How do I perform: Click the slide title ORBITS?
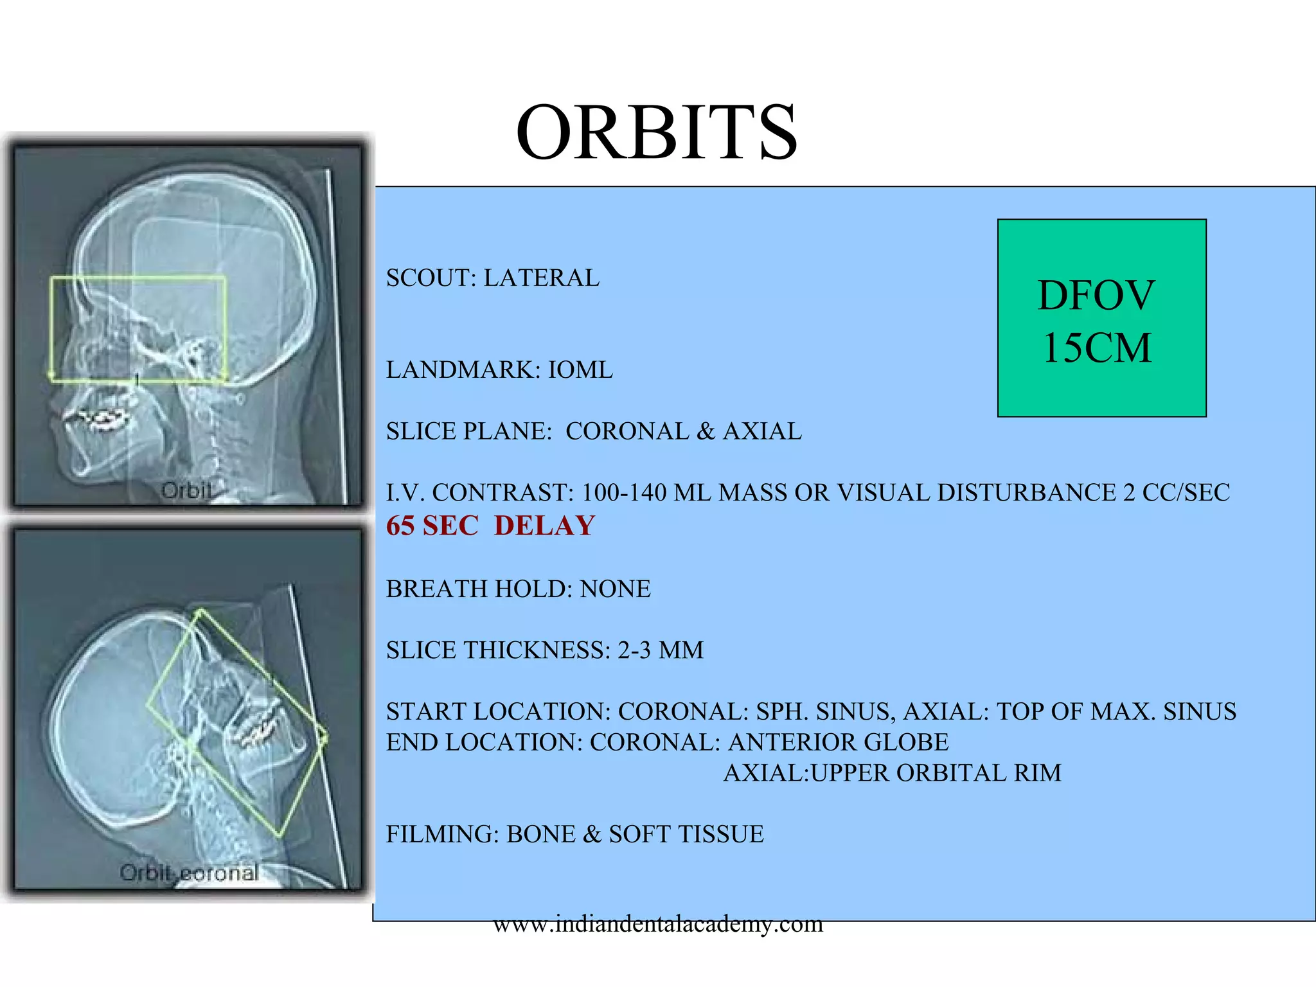(656, 133)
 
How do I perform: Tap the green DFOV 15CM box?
(1101, 319)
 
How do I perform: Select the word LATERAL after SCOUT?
(541, 278)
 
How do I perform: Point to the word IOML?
(580, 370)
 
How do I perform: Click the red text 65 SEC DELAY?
(490, 526)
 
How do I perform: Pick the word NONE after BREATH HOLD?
(615, 589)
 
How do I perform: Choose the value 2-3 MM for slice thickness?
(660, 650)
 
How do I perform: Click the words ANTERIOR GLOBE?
(838, 742)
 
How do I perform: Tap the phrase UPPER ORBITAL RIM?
(936, 773)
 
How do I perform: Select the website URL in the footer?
(658, 924)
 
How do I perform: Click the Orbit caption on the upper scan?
(186, 491)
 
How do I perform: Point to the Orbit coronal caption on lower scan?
(189, 873)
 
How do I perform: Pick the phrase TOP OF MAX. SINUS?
(1116, 712)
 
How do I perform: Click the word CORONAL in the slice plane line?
(627, 431)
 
